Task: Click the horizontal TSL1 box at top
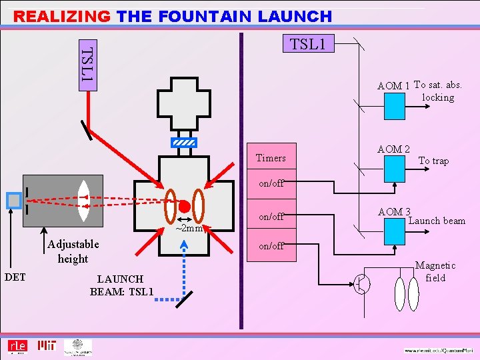tap(308, 44)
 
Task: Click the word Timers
tap(271, 158)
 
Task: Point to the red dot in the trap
tap(185, 205)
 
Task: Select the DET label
tap(15, 276)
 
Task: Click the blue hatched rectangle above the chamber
tap(184, 143)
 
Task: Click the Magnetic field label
tap(435, 271)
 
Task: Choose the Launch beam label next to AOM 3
tap(437, 221)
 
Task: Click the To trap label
tap(433, 161)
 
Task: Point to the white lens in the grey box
tap(83, 197)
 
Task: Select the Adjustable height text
tap(73, 251)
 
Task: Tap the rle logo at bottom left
tap(17, 346)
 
